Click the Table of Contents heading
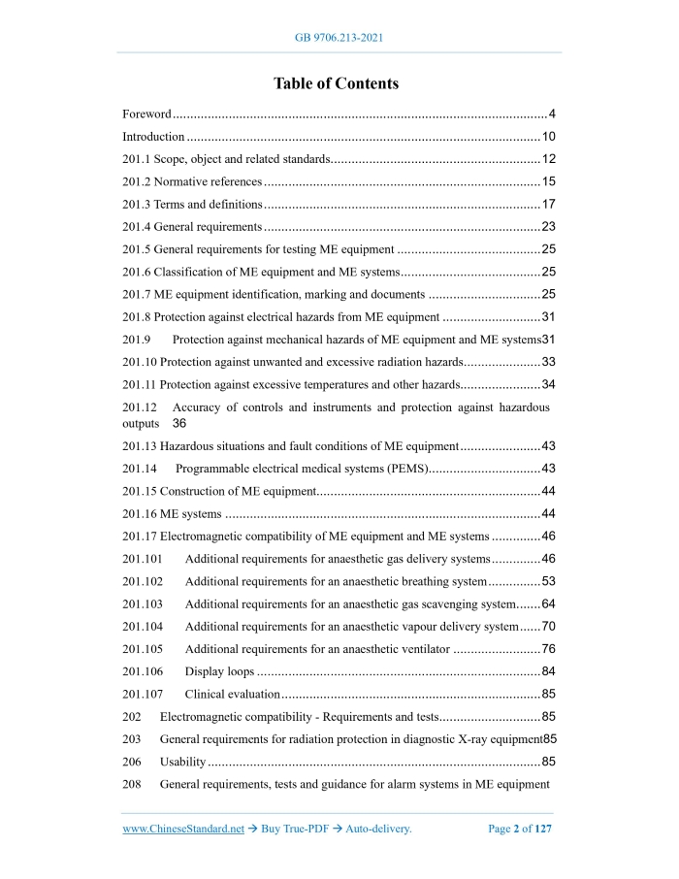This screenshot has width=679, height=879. pyautogui.click(x=336, y=83)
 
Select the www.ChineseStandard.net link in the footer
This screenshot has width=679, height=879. pyautogui.click(x=183, y=829)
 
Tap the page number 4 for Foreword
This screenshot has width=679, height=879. pyautogui.click(x=551, y=114)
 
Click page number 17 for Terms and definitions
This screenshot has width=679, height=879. pyautogui.click(x=548, y=204)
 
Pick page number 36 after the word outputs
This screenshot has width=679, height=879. pyautogui.click(x=179, y=424)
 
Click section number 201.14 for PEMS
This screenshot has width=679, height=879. pyautogui.click(x=142, y=469)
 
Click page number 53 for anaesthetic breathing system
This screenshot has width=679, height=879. pyautogui.click(x=548, y=581)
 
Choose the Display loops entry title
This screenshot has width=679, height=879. pyautogui.click(x=220, y=670)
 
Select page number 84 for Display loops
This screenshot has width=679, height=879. pyautogui.click(x=548, y=670)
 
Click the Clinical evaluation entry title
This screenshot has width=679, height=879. pyautogui.click(x=233, y=694)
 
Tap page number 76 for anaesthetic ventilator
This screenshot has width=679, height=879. pyautogui.click(x=548, y=648)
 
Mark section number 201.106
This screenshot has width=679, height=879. pyautogui.click(x=143, y=670)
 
